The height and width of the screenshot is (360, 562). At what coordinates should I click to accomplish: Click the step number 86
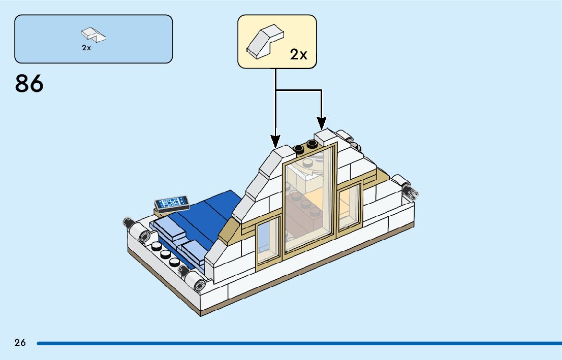tap(29, 84)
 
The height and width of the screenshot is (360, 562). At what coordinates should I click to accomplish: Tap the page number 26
tap(20, 343)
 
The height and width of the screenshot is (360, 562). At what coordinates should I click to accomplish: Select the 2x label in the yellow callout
tap(299, 54)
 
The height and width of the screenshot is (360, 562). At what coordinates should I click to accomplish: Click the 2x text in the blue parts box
tap(86, 48)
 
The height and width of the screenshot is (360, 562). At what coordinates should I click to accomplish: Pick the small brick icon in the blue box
tap(93, 34)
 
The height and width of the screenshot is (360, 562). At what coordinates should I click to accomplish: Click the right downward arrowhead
tap(321, 123)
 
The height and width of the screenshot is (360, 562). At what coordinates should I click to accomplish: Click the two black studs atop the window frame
tap(304, 146)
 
